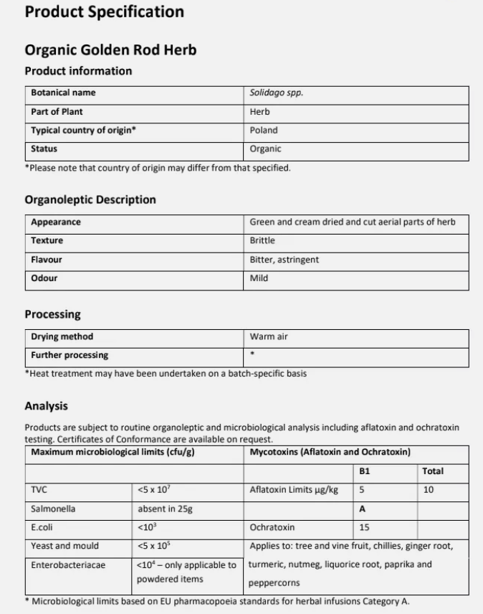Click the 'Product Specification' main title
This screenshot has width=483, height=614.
point(104,12)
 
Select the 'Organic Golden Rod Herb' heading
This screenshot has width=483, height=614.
point(110,49)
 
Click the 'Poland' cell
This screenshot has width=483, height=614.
point(264,131)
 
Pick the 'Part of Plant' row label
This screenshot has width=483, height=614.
point(57,112)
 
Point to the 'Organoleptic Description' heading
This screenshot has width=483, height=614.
point(90,199)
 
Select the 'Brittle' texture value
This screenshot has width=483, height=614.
point(262,241)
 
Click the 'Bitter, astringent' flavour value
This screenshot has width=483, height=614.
point(284,260)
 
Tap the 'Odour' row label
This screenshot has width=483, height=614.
point(44,278)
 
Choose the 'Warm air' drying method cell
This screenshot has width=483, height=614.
point(269,336)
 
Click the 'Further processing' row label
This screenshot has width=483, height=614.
point(70,355)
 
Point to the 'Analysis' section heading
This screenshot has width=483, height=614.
point(46,407)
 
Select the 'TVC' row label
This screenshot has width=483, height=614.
point(39,490)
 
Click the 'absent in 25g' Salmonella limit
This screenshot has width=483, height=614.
point(166,509)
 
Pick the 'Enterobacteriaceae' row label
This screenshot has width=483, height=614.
point(68,565)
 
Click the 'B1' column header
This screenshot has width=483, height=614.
point(364,471)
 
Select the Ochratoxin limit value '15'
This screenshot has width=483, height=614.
point(364,527)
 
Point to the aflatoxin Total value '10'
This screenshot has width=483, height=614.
point(429,490)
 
